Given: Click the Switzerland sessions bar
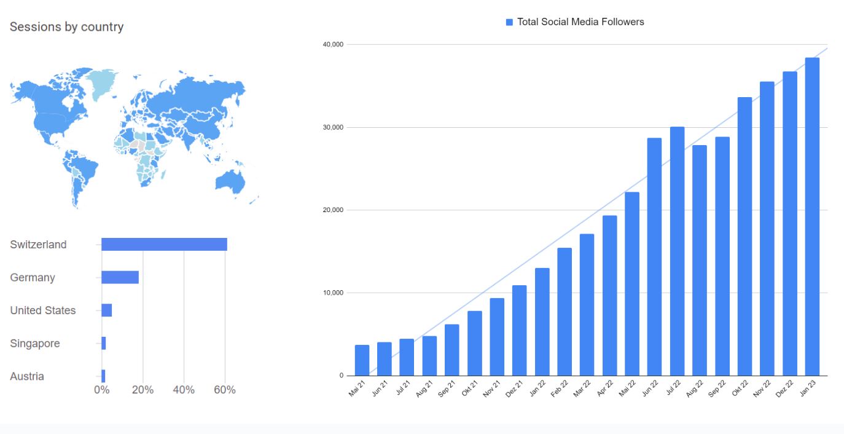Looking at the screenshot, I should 164,244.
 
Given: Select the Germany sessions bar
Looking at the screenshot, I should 120,277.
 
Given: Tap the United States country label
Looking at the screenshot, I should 43,310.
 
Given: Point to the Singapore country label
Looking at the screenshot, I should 35,344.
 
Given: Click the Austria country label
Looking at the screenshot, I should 27,376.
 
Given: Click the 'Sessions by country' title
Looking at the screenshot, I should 66,27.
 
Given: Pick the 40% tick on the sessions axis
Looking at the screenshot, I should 184,390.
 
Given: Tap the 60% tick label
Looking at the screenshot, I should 225,390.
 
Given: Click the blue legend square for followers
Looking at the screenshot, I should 509,22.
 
